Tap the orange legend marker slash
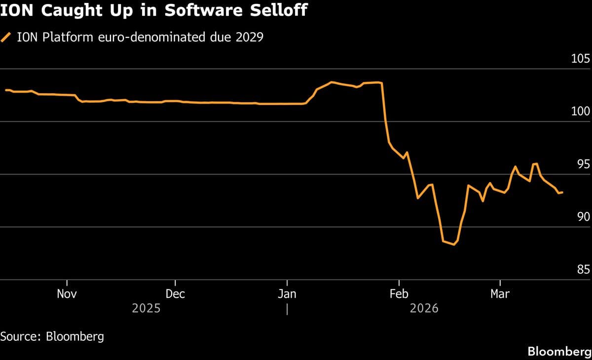coord(6,37)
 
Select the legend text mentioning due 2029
coord(140,37)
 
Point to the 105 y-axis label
coord(580,59)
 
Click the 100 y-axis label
coord(580,112)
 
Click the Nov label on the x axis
coord(67,294)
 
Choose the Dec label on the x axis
coord(175,294)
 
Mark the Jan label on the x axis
coord(287,294)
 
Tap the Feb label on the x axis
coord(399,294)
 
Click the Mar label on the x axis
coord(500,294)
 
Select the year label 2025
coord(147,309)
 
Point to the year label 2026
coord(424,309)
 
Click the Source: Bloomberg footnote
coord(52,337)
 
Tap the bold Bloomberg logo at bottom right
coord(559,352)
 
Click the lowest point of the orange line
coord(454,244)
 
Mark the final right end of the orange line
coord(563,192)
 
